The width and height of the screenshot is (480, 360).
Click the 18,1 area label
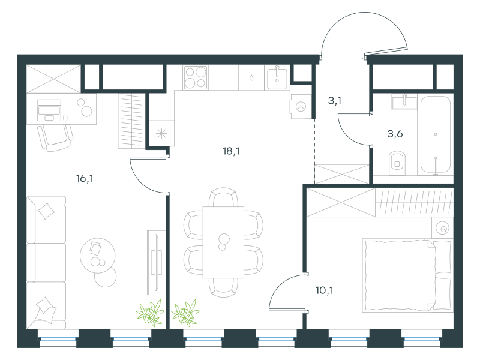tap(231, 151)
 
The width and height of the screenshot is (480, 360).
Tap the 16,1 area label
tap(85, 178)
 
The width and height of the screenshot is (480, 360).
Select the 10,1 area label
tap(325, 290)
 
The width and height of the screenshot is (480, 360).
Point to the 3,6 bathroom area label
tap(395, 134)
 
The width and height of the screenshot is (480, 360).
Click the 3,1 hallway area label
tap(335, 100)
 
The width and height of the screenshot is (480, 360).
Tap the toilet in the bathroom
tap(397, 163)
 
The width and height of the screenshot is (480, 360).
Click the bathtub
tap(436, 135)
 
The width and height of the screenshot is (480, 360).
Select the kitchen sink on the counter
tap(277, 78)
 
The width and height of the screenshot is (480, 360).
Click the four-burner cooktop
tap(196, 77)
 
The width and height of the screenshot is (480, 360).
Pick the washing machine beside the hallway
tap(301, 107)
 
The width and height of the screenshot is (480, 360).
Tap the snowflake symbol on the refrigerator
tap(161, 133)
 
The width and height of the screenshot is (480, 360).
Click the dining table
tap(223, 242)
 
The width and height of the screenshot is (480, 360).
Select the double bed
tap(407, 276)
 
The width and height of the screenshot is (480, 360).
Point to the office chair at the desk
tap(55, 138)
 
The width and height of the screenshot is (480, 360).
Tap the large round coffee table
tap(98, 256)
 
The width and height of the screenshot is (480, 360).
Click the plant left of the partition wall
tap(151, 313)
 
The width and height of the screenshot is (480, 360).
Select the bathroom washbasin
tap(404, 101)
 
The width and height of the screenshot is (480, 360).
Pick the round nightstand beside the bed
tap(443, 228)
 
